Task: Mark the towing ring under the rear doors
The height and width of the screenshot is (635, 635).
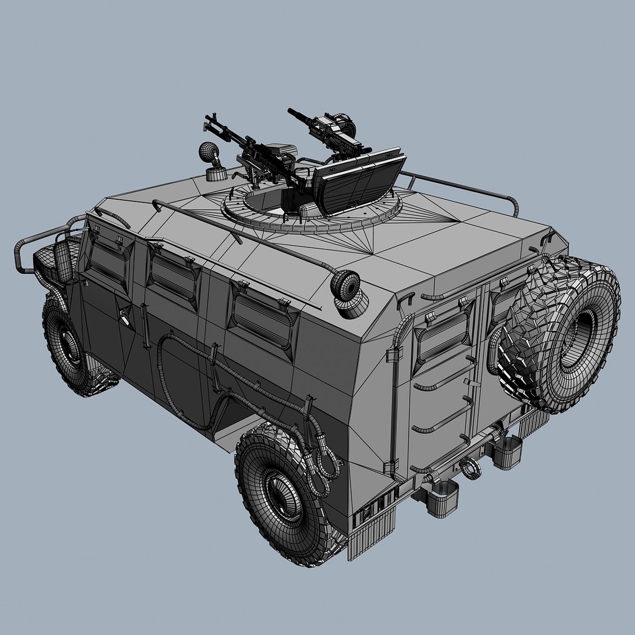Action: click(x=470, y=468)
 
